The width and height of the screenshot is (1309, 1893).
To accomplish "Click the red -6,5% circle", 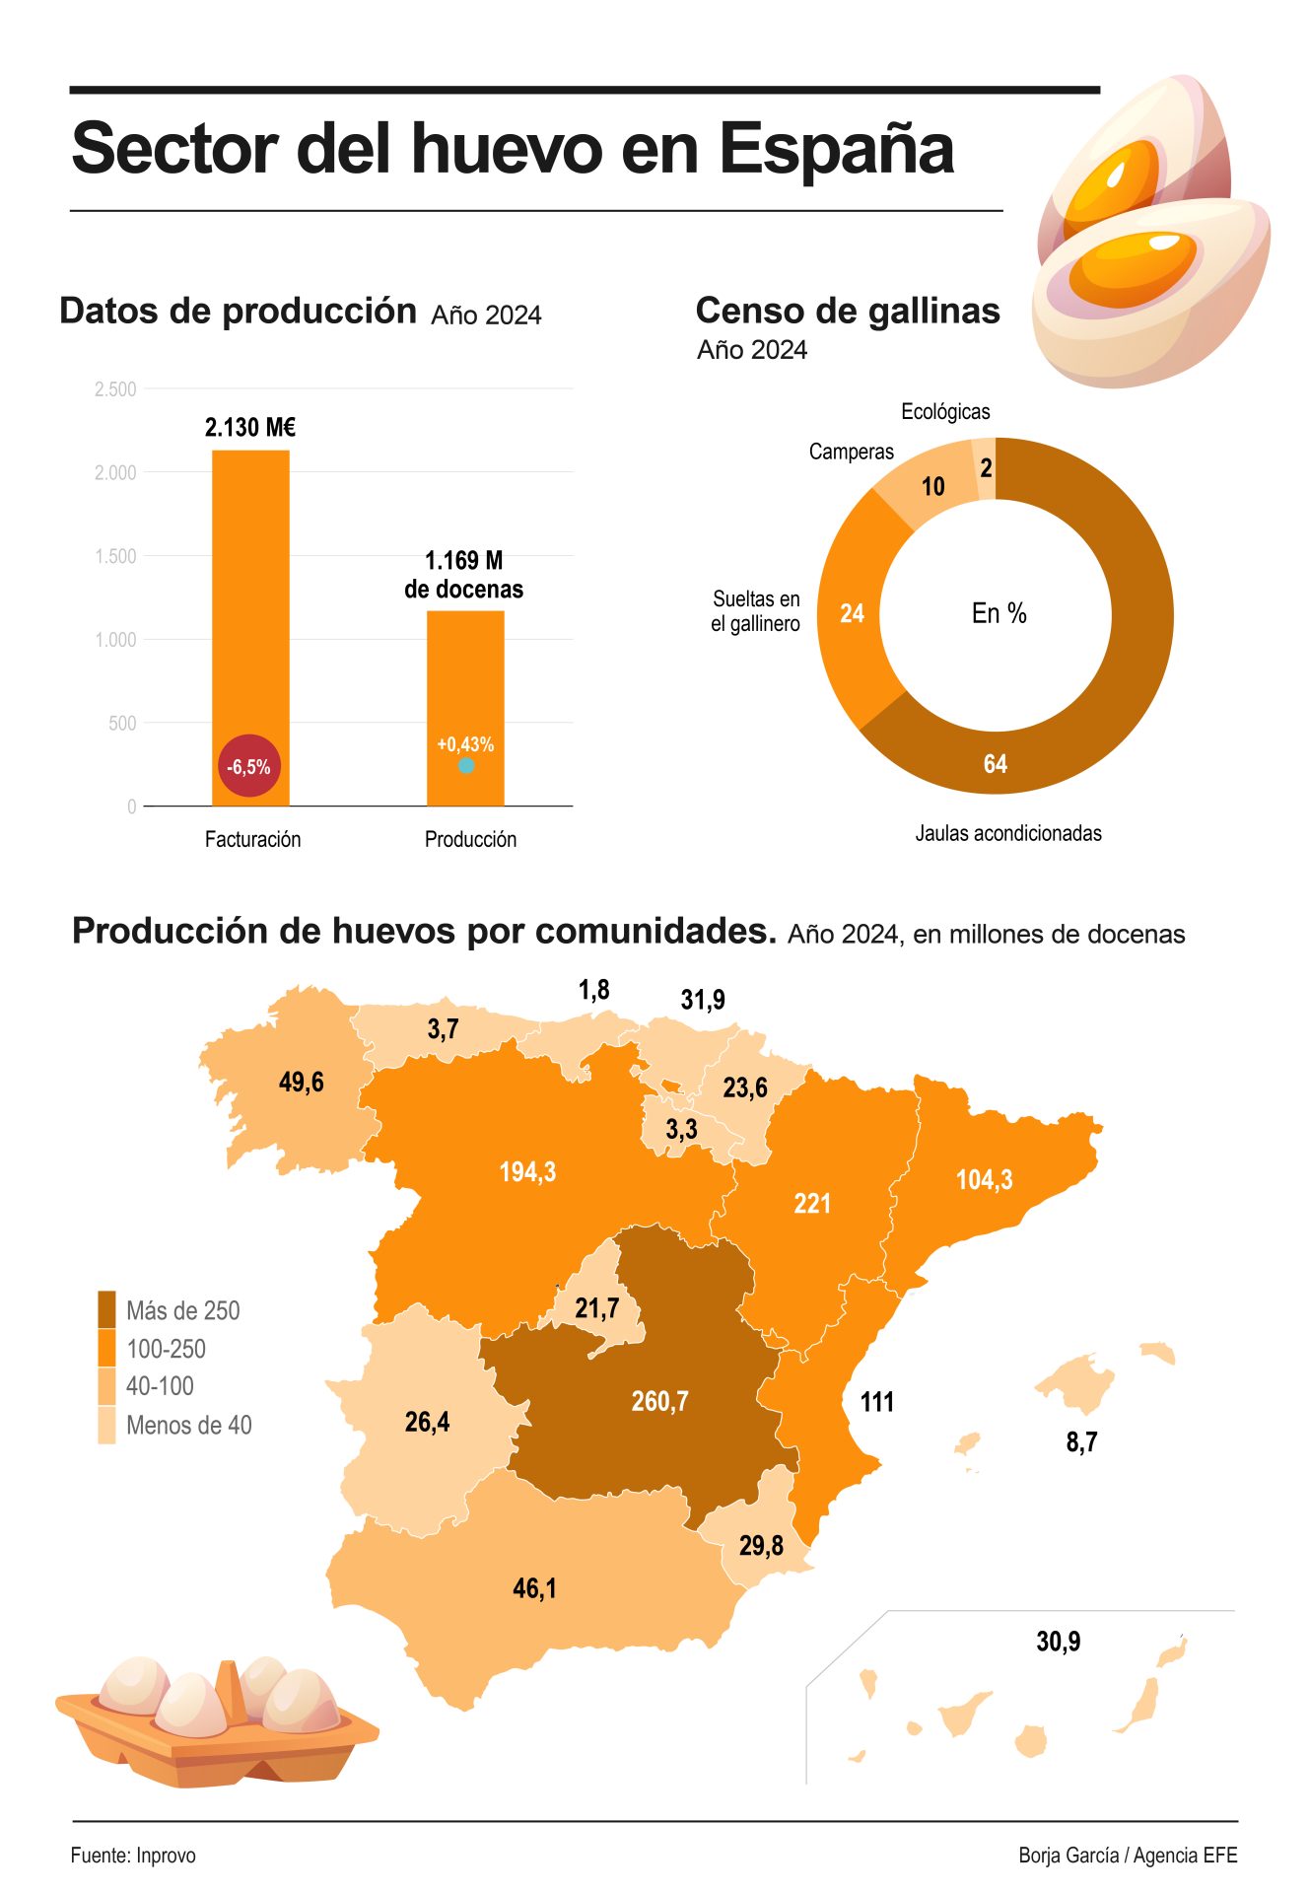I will [248, 766].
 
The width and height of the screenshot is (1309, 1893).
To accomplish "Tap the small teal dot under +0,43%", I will [466, 765].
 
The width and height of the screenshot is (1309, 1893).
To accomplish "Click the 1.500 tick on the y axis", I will [115, 556].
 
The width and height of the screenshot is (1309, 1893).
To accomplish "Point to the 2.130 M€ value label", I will [250, 427].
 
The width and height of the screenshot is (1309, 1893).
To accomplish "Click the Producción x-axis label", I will [470, 839].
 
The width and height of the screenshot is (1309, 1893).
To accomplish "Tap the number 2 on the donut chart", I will [986, 468].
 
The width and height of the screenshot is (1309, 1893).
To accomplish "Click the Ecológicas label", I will [945, 411].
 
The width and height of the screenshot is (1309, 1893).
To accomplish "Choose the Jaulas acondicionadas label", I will [1007, 833].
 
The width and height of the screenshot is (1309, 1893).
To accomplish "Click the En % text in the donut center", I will [999, 613].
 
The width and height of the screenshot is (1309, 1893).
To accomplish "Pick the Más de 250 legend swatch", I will [106, 1309].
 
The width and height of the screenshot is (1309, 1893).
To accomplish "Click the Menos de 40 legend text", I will [188, 1425].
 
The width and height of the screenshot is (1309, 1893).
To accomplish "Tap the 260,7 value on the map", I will [659, 1401].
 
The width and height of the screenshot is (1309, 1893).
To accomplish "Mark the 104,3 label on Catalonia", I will [984, 1179].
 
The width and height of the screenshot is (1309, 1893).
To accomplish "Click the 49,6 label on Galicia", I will [302, 1082].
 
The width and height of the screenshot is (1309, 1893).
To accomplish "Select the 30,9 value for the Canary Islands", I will [1058, 1641].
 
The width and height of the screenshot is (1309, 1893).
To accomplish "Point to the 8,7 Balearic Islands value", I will [1081, 1441].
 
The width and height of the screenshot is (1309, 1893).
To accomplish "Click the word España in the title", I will [836, 149].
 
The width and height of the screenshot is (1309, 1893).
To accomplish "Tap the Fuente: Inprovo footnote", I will [133, 1855].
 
